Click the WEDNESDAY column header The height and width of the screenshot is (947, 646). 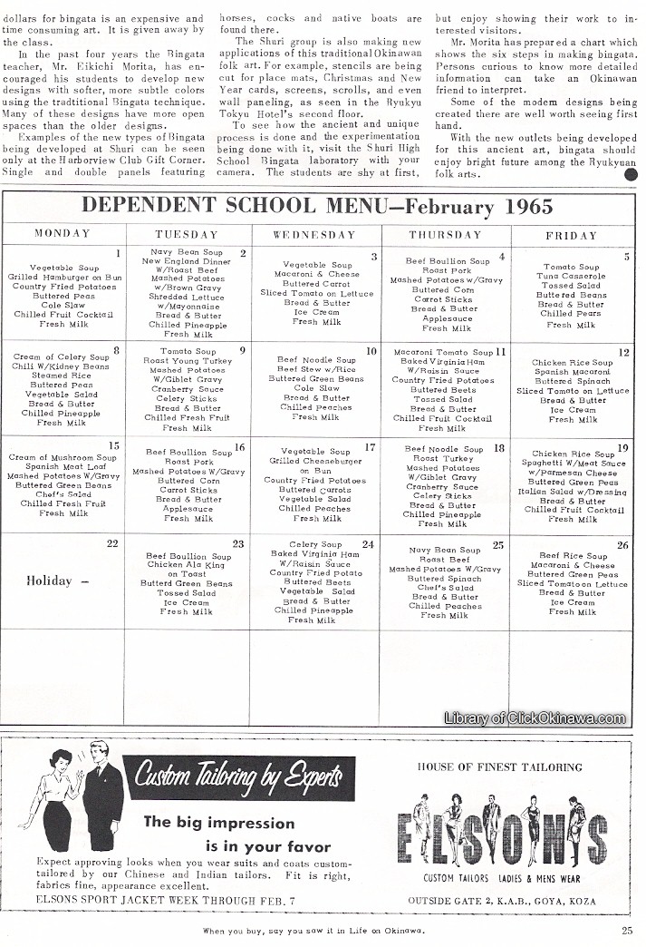(x=316, y=234)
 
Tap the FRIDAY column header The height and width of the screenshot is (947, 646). (x=571, y=235)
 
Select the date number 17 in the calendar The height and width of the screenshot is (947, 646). (x=370, y=447)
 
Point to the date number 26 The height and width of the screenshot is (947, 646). (x=622, y=545)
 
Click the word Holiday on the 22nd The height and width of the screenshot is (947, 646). (x=49, y=581)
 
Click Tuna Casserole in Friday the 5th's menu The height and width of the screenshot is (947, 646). (x=571, y=277)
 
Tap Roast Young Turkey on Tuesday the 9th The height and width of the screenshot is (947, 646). (x=188, y=361)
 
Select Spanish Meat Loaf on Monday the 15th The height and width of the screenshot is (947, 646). (x=63, y=467)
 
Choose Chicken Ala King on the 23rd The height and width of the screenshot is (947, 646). (x=188, y=565)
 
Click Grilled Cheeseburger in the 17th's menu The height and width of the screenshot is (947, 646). (x=315, y=461)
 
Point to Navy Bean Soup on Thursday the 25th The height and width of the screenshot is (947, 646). (x=444, y=551)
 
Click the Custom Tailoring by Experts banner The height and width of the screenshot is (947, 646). (x=238, y=777)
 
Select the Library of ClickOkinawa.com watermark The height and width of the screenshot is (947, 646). (x=535, y=718)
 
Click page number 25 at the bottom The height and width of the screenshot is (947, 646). (x=627, y=929)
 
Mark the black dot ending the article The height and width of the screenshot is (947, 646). (x=630, y=176)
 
